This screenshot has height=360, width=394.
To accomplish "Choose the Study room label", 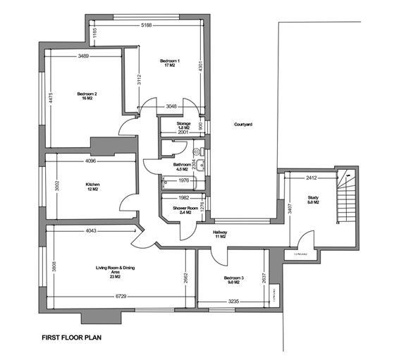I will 314,200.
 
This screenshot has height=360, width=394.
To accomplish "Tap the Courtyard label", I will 243,124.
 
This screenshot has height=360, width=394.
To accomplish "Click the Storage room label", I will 174,125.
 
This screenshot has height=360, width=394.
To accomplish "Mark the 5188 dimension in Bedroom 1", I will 146,25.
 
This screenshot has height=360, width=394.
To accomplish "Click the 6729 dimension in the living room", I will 123,296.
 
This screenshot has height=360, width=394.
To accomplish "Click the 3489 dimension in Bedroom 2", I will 84,55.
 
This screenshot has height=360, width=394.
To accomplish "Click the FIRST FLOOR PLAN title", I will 72,337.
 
